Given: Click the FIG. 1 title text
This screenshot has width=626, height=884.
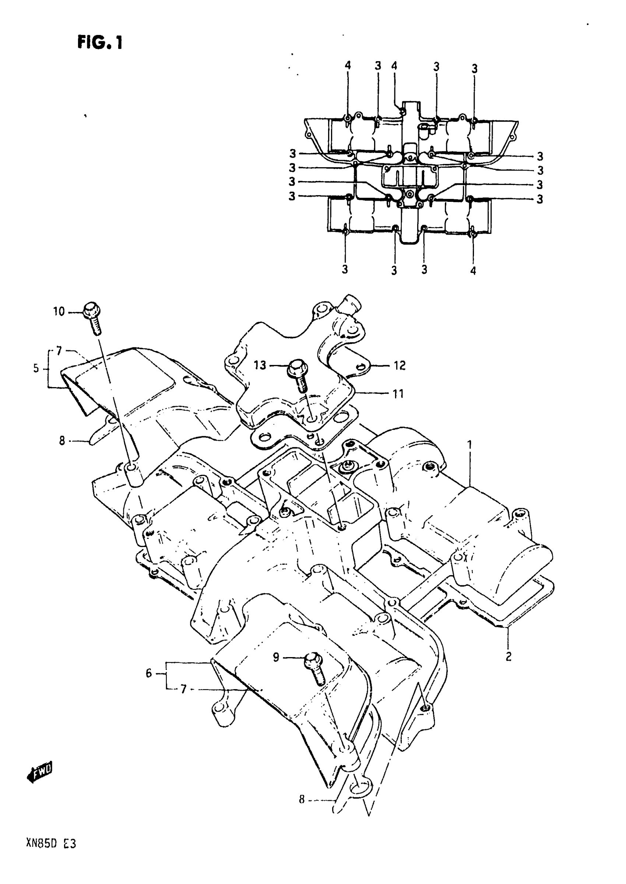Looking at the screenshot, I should (100, 42).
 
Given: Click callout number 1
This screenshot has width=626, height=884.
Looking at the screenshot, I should (469, 445).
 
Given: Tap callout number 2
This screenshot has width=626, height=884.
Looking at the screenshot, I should (509, 656).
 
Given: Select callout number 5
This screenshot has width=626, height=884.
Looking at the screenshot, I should (36, 368).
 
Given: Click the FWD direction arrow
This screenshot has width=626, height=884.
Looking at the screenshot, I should (40, 771).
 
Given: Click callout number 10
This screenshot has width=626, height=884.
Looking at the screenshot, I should (59, 311).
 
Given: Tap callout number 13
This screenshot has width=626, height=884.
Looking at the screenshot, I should (260, 365).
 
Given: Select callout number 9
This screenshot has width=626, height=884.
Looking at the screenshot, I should (276, 657).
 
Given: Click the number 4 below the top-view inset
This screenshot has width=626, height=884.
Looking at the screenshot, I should (473, 271).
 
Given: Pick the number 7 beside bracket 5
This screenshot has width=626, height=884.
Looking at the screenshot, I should (59, 351).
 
